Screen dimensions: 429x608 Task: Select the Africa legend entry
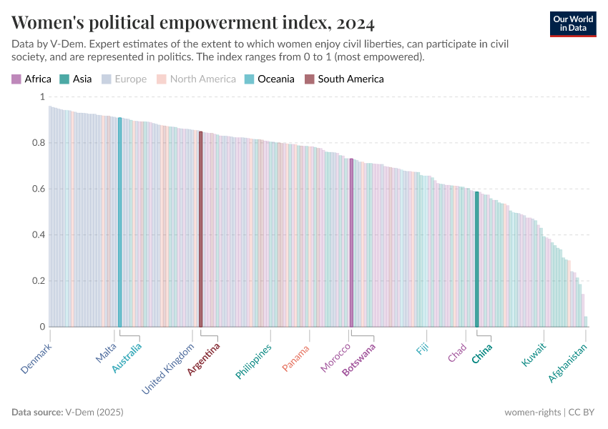(x=31, y=79)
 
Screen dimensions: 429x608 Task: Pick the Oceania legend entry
(x=270, y=79)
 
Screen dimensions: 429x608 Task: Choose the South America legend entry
(x=344, y=79)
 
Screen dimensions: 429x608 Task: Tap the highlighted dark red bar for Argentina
(x=201, y=229)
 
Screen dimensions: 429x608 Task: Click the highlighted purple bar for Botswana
(x=351, y=243)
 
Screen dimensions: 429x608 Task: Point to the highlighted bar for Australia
(x=120, y=222)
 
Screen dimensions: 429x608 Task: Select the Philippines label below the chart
(x=254, y=362)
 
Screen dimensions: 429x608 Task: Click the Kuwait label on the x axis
(x=534, y=355)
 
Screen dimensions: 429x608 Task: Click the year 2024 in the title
(x=352, y=23)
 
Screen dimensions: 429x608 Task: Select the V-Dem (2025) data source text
(x=94, y=412)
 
